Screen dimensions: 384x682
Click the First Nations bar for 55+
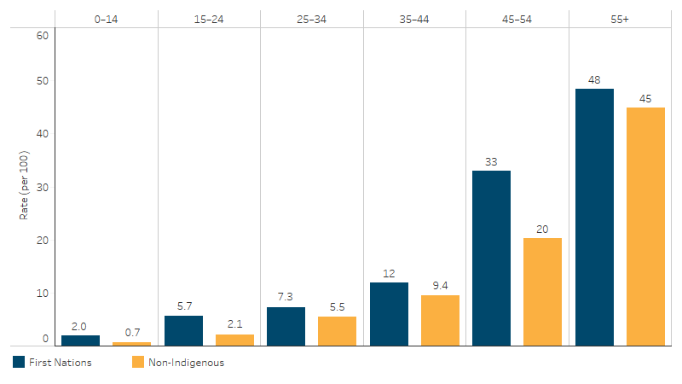[x=594, y=217]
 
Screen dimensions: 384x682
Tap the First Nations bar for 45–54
[x=491, y=258]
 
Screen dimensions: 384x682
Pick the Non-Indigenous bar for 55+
[x=645, y=226]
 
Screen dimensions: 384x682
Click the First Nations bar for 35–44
[x=389, y=313]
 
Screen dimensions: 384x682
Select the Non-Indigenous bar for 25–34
[x=337, y=330]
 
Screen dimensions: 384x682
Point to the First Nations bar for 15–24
[x=183, y=330]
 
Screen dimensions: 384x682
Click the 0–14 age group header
[x=107, y=18]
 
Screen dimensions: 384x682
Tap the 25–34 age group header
[x=311, y=18]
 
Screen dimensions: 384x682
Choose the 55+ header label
[x=620, y=18]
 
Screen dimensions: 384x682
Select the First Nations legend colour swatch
[x=19, y=362]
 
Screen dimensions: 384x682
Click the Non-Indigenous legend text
[x=187, y=362]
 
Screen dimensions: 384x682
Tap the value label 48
[x=594, y=80]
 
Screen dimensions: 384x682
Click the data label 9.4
[x=440, y=287]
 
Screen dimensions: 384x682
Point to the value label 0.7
[x=132, y=334]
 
